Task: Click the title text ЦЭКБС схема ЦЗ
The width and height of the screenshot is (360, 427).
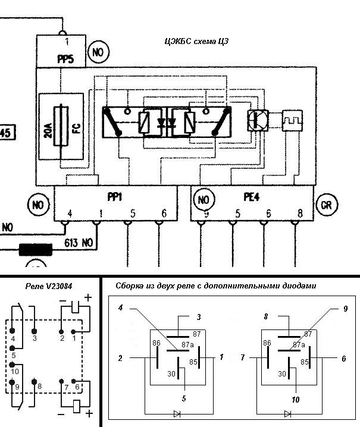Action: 196,42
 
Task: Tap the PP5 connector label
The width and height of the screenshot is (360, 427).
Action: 66,59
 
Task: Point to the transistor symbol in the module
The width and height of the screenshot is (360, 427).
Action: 258,121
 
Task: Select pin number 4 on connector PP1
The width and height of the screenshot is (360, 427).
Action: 70,213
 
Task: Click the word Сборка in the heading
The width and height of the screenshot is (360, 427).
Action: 132,286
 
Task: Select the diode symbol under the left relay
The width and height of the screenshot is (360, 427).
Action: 176,413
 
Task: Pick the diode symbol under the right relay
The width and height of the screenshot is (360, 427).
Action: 288,413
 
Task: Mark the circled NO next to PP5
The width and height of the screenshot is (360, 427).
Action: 98,52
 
